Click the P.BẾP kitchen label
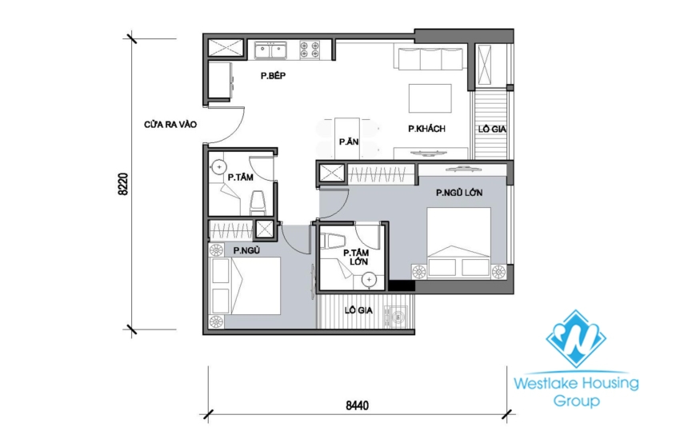[274, 76]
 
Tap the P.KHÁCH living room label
[426, 129]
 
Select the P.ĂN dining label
[347, 142]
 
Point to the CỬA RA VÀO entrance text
[170, 125]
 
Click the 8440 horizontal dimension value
[357, 405]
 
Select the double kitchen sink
[272, 50]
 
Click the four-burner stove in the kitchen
[310, 50]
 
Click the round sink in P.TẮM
[218, 168]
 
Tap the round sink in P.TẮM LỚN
[369, 280]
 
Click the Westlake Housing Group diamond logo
[576, 339]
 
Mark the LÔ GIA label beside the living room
[491, 129]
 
